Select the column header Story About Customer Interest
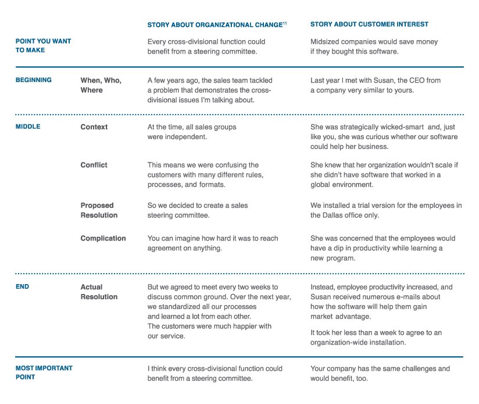pyautogui.click(x=369, y=24)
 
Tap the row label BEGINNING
pyautogui.click(x=33, y=80)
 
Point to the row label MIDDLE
pyautogui.click(x=28, y=127)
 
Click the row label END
pyautogui.click(x=22, y=287)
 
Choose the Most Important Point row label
pyautogui.click(x=44, y=373)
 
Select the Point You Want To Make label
pyautogui.click(x=43, y=46)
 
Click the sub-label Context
pyautogui.click(x=94, y=127)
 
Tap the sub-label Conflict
pyautogui.click(x=94, y=165)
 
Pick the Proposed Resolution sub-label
pyautogui.click(x=99, y=210)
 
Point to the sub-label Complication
pyautogui.click(x=103, y=238)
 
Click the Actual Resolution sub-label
pyautogui.click(x=99, y=292)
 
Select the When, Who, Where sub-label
pyautogui.click(x=101, y=85)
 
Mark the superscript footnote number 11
pyautogui.click(x=284, y=23)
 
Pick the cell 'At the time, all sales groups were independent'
pyautogui.click(x=192, y=132)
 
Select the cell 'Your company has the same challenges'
pyautogui.click(x=380, y=373)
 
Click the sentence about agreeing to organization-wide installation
pyautogui.click(x=376, y=338)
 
